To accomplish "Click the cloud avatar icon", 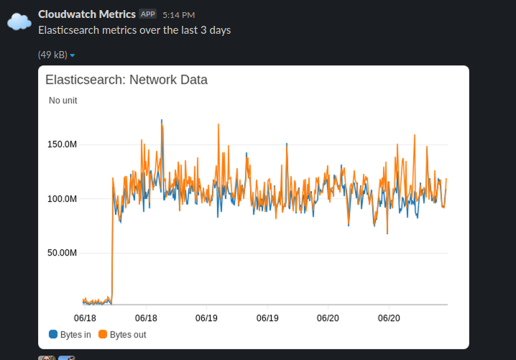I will pos(19,22).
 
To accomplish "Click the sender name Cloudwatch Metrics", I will pos(87,14).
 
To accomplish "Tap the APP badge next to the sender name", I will pos(147,14).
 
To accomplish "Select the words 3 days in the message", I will pos(214,30).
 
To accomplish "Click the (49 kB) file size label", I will pos(52,55).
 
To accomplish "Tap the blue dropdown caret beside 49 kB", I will pos(73,55).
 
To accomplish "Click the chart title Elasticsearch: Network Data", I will pos(126,80).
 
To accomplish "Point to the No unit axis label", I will pos(63,101).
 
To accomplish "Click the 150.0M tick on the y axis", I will pos(62,144).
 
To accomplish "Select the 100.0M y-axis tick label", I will pos(62,198).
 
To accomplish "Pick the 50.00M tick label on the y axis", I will pos(62,253).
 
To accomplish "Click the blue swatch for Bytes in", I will pos(52,334).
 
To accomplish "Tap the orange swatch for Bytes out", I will pos(103,334).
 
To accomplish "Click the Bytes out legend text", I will pos(128,334).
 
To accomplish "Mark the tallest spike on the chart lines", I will pos(162,121).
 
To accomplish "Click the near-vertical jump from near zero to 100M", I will pos(112,237).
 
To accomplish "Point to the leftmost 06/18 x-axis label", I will pos(85,317).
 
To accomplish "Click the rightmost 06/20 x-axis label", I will pos(388,317).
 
